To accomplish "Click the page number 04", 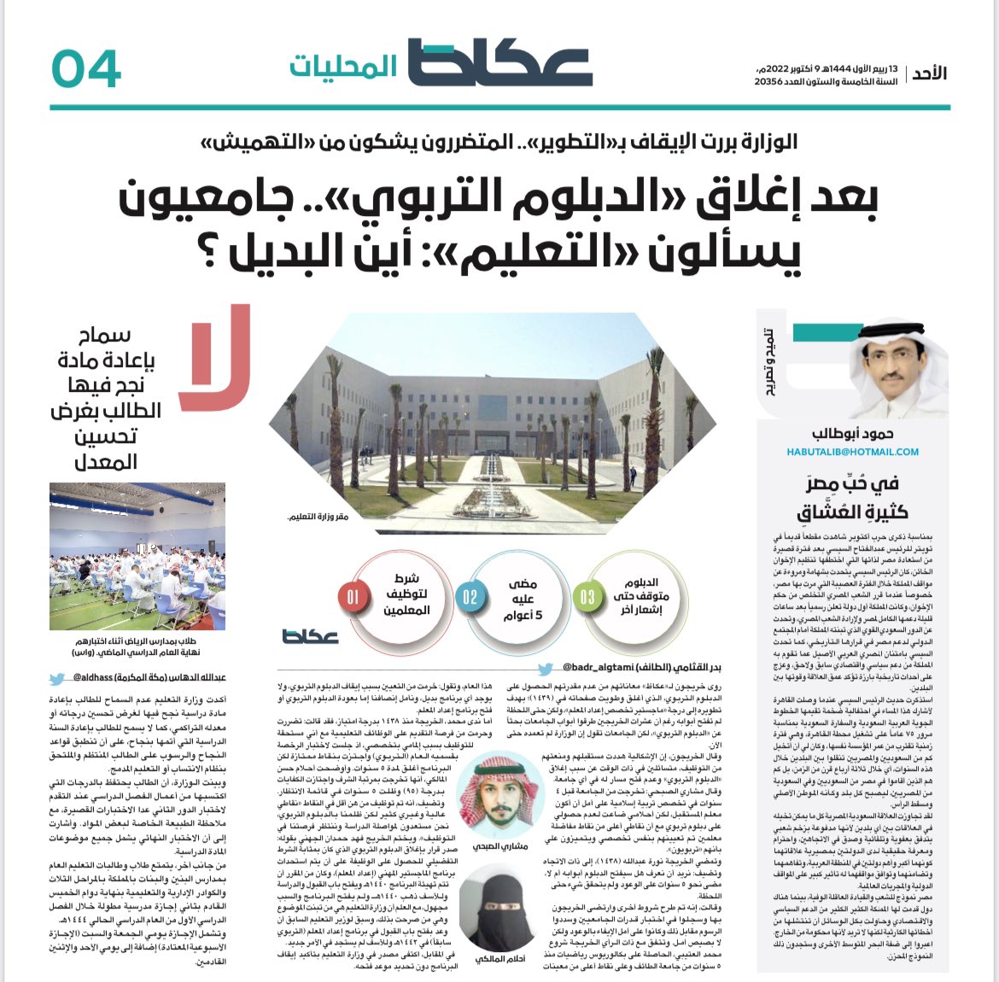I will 85,68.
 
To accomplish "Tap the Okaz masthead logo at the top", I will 499,63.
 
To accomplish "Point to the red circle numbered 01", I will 352,597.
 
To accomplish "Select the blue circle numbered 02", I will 470,597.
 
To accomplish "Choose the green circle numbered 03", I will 587,597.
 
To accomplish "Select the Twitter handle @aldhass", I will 90,679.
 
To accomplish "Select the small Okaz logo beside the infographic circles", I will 310,636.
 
